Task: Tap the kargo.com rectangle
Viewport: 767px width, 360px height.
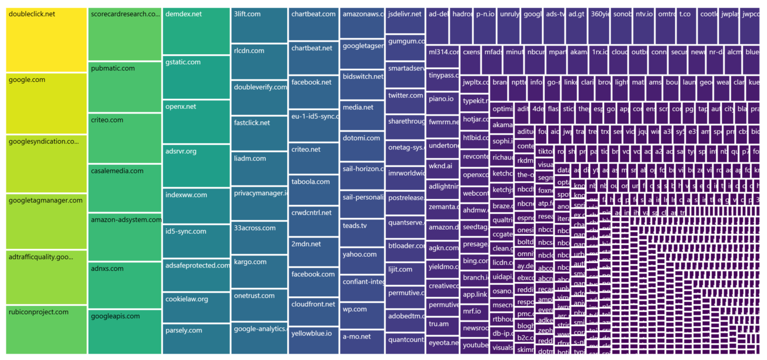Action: (259, 271)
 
